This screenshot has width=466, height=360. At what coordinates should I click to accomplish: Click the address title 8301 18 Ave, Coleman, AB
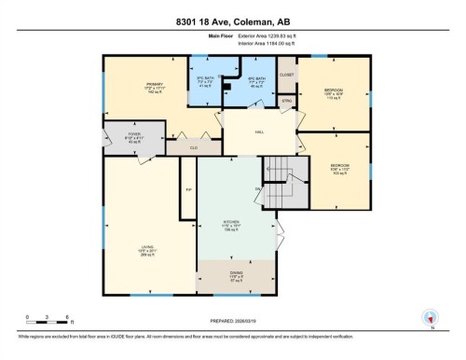(233, 20)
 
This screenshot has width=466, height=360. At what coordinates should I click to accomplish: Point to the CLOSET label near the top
(286, 74)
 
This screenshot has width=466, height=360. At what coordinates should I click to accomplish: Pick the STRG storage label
(286, 101)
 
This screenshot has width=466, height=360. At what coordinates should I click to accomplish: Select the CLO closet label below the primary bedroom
(194, 147)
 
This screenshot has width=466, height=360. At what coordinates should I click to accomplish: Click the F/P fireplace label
(188, 189)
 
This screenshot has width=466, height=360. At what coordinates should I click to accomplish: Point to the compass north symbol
(431, 318)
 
